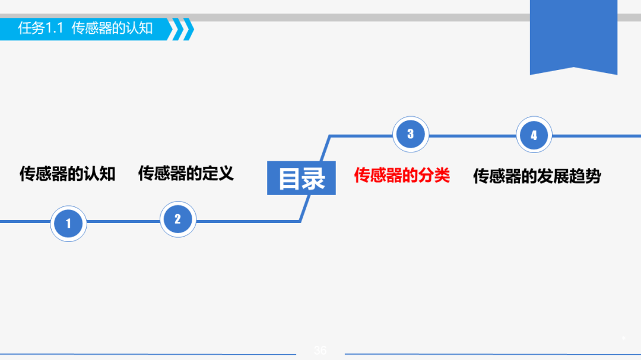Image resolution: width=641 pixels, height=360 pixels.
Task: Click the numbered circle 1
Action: [68, 224]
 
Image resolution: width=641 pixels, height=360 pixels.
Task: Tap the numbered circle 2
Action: [177, 219]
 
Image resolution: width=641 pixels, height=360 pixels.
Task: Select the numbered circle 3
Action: [410, 134]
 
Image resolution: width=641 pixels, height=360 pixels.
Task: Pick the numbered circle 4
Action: [534, 135]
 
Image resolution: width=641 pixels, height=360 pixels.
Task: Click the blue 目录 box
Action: [302, 178]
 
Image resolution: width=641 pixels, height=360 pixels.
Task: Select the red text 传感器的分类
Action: [402, 175]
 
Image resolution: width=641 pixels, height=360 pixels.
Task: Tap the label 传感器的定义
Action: [186, 173]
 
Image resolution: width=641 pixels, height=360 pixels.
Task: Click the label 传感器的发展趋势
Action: [537, 176]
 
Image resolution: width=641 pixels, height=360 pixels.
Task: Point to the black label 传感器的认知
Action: [67, 174]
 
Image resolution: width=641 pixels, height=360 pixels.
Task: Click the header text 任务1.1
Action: [40, 28]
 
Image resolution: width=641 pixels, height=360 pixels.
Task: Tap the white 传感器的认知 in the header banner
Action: [112, 28]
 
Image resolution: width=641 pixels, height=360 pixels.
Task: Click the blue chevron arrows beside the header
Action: [182, 29]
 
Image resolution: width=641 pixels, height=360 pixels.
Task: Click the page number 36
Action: [320, 351]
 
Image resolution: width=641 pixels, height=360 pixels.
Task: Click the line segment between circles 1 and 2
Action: [123, 221]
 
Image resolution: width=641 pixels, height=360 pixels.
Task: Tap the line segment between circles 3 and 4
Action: [472, 136]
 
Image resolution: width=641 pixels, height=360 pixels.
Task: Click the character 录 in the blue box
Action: [315, 179]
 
